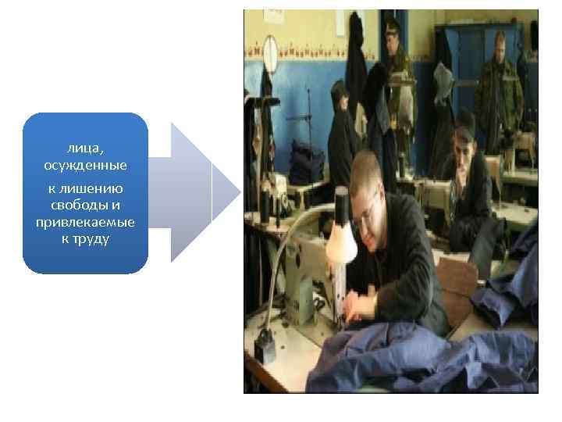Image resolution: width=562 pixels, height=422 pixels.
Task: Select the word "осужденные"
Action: (85, 166)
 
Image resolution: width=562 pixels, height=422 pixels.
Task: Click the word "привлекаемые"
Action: (85, 223)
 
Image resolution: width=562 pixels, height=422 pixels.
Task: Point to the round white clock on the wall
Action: (270, 52)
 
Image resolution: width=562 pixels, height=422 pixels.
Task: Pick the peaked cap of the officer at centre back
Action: (392, 26)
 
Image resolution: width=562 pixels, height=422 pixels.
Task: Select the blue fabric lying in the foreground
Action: (406, 359)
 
